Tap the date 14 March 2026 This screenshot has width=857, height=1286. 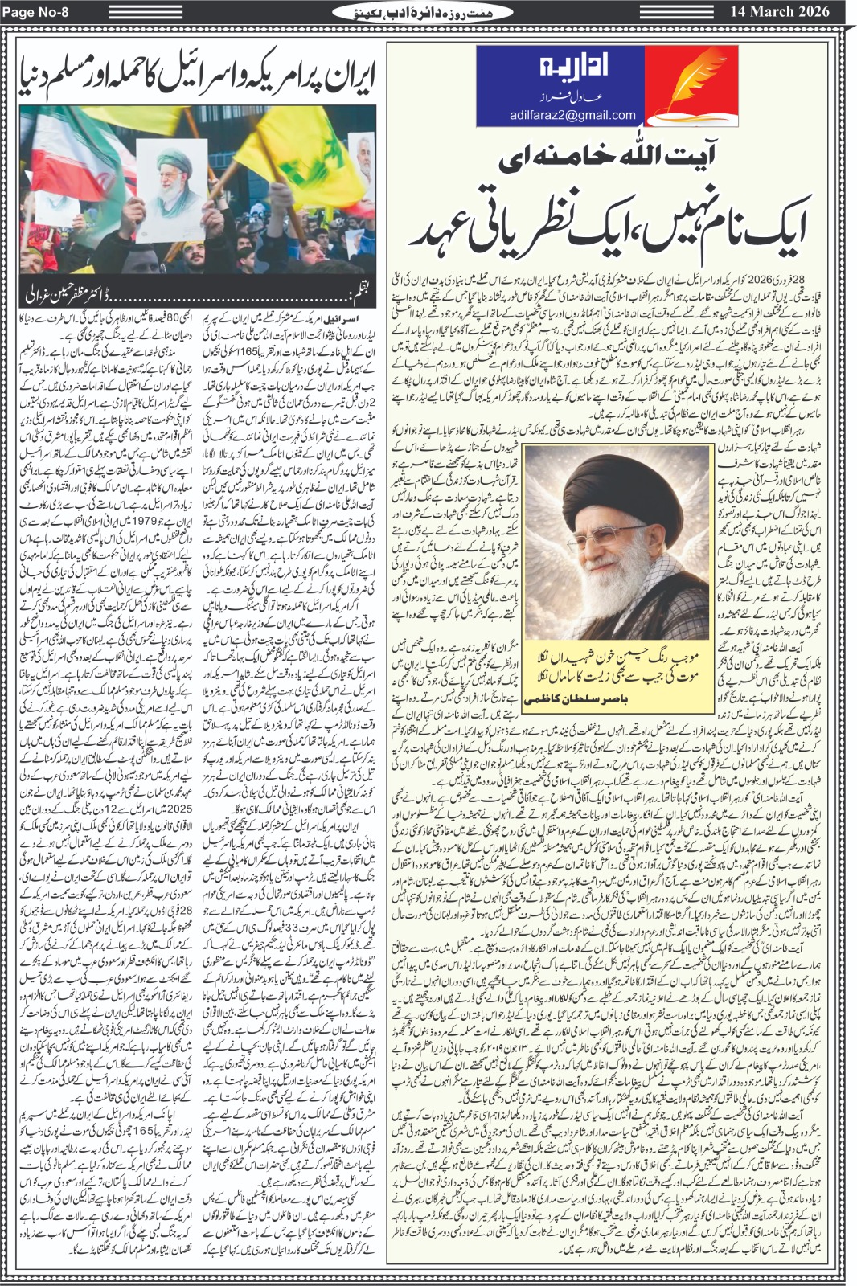pyautogui.click(x=780, y=11)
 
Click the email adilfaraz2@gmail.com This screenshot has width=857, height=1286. pyautogui.click(x=572, y=115)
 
